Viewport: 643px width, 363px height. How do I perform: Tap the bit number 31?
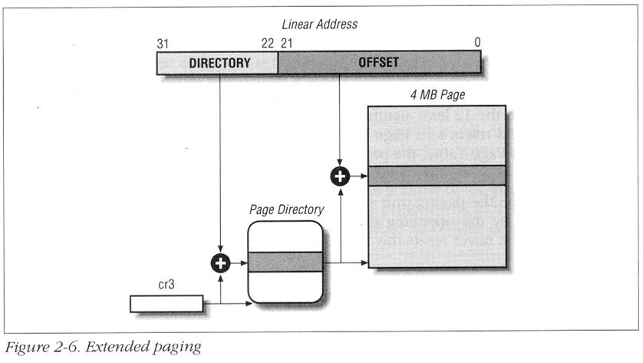tap(163, 43)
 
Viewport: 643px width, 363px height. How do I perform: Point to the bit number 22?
tap(267, 43)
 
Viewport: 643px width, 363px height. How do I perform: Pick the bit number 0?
tap(477, 43)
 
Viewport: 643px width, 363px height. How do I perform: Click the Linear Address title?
tap(320, 25)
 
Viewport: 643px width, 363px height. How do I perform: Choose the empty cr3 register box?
tap(167, 304)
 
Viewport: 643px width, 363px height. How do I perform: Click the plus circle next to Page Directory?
tap(220, 263)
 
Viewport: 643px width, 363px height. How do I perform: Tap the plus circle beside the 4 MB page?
tap(339, 176)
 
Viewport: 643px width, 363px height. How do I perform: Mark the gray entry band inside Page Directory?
tap(284, 262)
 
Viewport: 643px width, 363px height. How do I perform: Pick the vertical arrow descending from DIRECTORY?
tap(220, 161)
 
